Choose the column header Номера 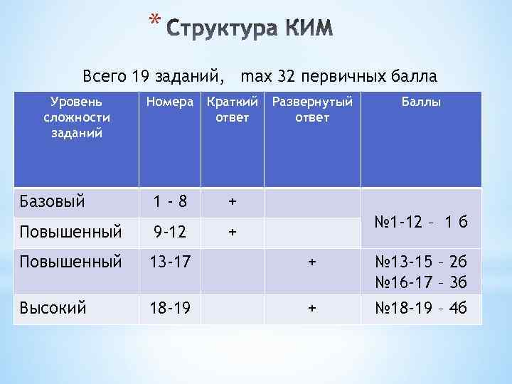point(169,102)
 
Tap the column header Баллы point(421,102)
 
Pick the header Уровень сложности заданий point(76,117)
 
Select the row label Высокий point(53,308)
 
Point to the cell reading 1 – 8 point(170,202)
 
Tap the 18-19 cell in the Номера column point(170,308)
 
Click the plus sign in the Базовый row point(232,201)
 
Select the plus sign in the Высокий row point(311,308)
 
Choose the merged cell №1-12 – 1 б point(421,220)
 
